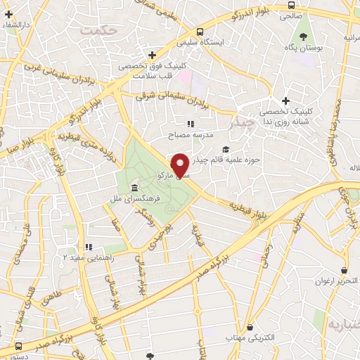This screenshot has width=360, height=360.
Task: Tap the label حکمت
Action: (x=97, y=31)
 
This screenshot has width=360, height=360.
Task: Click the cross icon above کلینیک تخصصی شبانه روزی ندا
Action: (x=285, y=101)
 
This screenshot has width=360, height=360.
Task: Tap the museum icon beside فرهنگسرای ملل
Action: (x=134, y=188)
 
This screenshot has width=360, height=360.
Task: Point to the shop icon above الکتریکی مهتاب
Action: (x=250, y=326)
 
